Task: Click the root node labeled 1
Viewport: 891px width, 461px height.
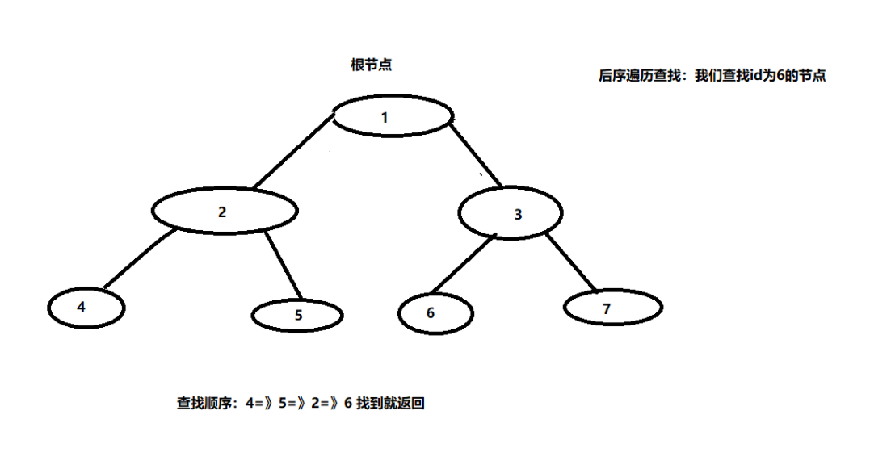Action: tap(392, 117)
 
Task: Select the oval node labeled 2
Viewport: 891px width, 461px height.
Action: tap(225, 212)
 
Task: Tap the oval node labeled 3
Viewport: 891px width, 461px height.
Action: tap(510, 214)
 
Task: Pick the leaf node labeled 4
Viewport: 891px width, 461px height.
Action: tap(85, 308)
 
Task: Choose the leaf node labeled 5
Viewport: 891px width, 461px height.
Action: tap(296, 315)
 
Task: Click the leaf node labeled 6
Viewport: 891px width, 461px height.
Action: tap(435, 313)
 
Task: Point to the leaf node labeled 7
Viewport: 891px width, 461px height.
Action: tap(612, 307)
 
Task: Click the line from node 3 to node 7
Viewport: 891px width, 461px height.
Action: tap(570, 261)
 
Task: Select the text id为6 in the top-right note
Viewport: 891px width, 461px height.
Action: tap(771, 77)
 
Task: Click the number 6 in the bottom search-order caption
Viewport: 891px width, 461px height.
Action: tap(348, 404)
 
